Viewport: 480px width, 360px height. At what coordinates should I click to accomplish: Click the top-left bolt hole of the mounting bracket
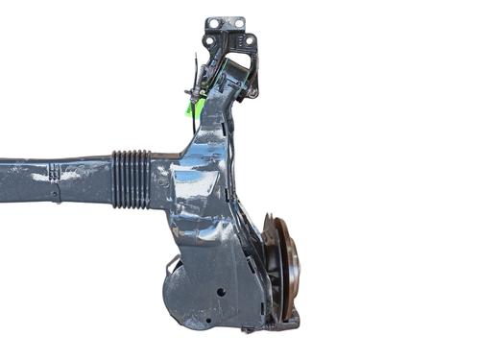click(x=212, y=23)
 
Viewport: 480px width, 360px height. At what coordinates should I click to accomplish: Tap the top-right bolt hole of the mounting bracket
click(x=239, y=23)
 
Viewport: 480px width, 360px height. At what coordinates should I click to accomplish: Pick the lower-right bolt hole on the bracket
click(x=249, y=41)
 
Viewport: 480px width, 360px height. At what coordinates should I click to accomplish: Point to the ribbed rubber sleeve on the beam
click(x=132, y=179)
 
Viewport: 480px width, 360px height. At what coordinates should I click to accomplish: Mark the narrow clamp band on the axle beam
click(x=55, y=181)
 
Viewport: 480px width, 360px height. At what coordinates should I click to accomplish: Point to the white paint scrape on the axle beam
click(x=43, y=177)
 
